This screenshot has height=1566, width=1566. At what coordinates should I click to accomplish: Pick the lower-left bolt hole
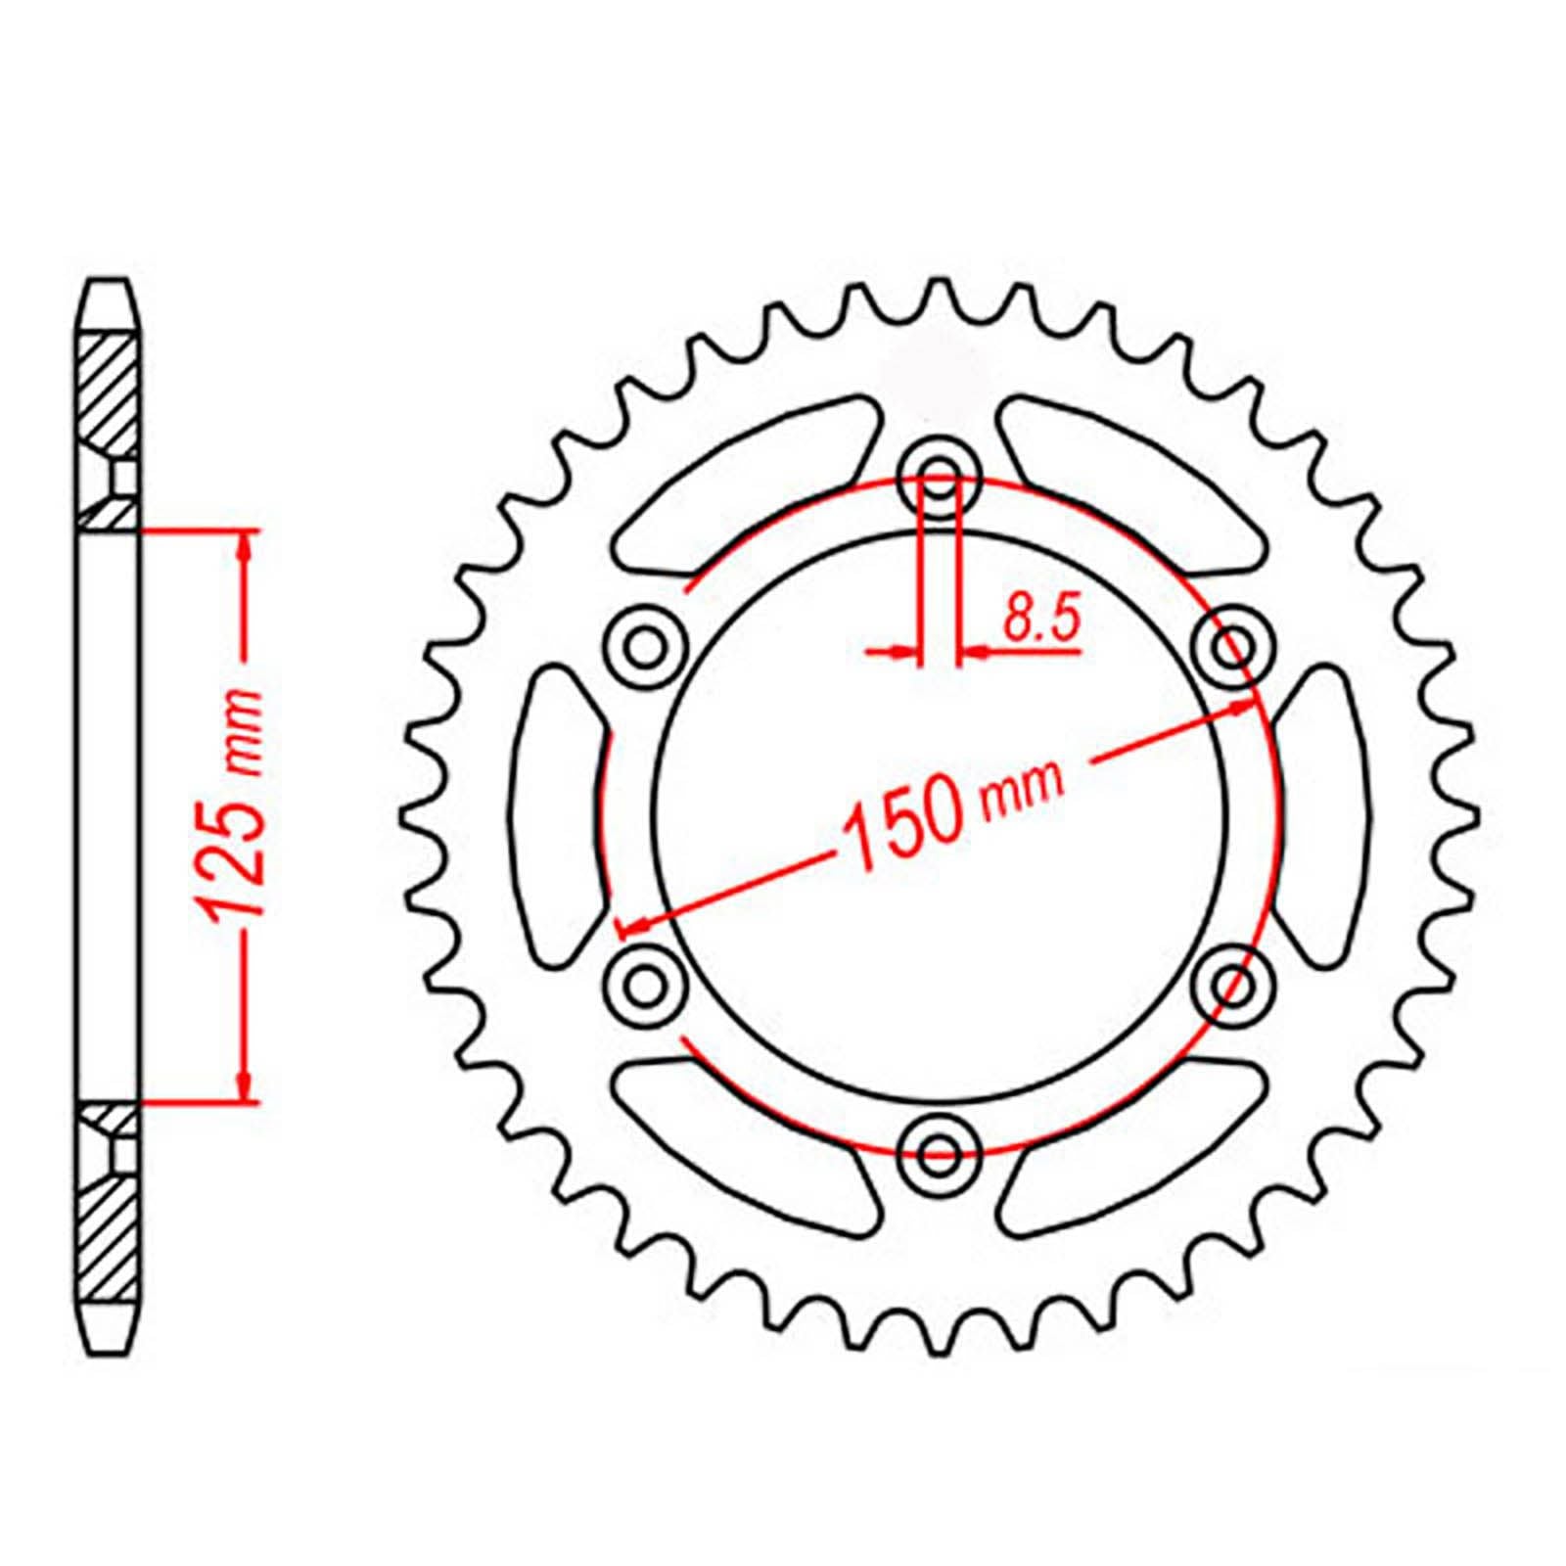644,982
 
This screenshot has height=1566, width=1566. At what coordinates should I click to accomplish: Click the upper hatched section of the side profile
106,391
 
